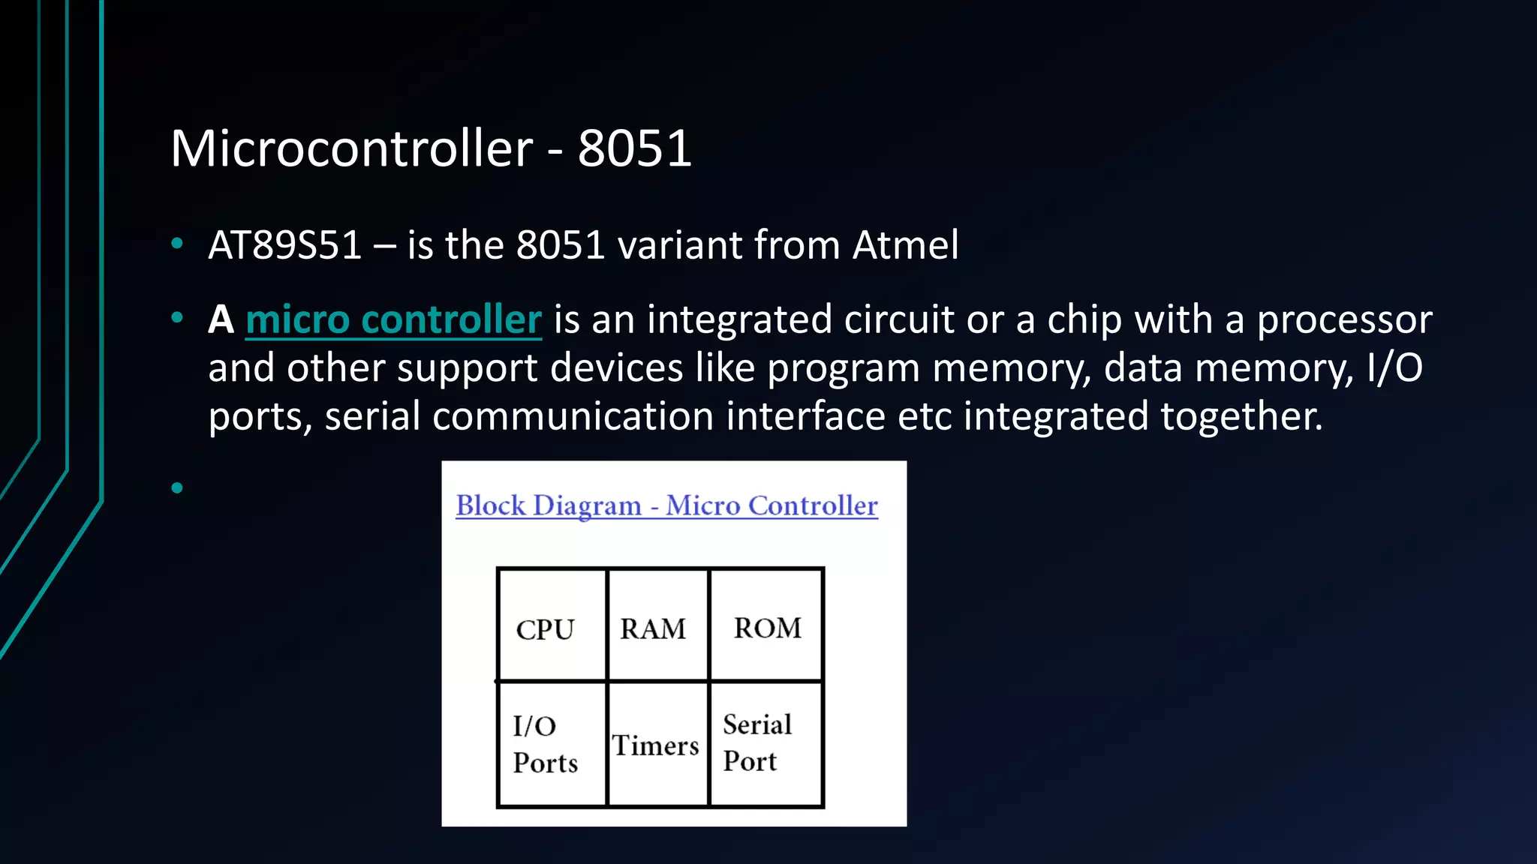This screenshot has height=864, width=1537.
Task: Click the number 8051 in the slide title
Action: click(634, 148)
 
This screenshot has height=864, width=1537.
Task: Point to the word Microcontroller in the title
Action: click(351, 148)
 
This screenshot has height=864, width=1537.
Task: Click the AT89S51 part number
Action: click(285, 245)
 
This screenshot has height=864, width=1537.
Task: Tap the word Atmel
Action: click(906, 245)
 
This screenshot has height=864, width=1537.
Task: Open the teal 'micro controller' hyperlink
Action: click(393, 320)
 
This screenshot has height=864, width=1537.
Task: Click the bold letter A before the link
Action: click(221, 320)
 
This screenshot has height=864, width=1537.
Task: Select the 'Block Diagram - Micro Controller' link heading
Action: click(666, 506)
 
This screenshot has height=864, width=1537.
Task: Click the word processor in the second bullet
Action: click(1344, 320)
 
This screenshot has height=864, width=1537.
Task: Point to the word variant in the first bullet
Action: click(679, 245)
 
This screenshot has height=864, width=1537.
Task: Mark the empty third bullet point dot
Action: click(177, 488)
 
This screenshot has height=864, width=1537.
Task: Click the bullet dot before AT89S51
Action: click(177, 243)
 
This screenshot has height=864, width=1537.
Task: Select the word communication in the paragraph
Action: click(573, 416)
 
